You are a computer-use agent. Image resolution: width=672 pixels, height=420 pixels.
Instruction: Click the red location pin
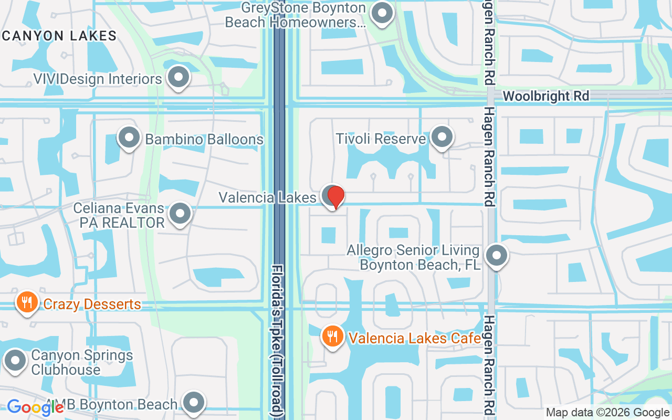coord(335,197)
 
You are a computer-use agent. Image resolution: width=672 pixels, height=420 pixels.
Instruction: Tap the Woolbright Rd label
coord(546,96)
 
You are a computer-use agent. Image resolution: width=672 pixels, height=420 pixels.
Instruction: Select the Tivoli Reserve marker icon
coord(442,138)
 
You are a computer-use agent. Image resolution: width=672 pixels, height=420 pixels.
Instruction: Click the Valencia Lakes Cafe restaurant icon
coord(332,336)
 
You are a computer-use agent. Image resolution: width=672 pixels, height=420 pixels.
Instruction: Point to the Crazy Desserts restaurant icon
coord(26,303)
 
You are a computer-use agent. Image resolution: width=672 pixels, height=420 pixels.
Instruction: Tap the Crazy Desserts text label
coord(92,304)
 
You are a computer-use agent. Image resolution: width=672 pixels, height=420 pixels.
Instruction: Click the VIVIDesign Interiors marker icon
coord(178,78)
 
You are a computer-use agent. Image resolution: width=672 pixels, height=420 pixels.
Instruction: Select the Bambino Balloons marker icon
coord(129,138)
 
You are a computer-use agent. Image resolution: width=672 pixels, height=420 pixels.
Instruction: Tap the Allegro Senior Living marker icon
coord(497,257)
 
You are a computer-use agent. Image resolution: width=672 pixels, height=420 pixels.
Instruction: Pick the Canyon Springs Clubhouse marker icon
coord(15,361)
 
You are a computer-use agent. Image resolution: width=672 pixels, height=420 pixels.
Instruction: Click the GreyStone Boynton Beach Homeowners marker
coord(382,14)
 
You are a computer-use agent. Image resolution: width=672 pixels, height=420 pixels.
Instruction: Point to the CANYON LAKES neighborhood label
coord(59,36)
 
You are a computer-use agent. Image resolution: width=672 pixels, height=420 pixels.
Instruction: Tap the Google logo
coord(35,407)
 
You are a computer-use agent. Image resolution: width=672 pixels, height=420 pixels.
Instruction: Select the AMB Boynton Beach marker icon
coord(194,403)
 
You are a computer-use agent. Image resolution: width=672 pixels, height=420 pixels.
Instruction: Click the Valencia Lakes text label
coord(268,197)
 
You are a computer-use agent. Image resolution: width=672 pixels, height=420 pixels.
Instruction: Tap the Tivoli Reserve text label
coord(381,139)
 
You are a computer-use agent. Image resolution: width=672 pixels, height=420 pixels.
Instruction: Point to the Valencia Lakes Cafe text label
coord(415,338)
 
